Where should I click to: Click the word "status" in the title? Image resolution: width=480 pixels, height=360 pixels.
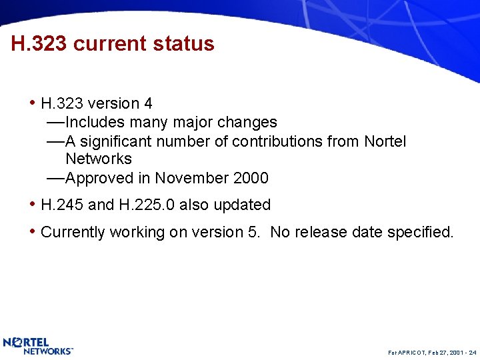[x=183, y=44]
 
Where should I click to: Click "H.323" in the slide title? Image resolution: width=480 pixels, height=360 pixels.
[x=39, y=44]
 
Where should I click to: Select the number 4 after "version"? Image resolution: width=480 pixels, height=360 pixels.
[x=148, y=103]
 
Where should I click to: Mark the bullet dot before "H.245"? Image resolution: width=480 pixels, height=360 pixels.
[x=33, y=204]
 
